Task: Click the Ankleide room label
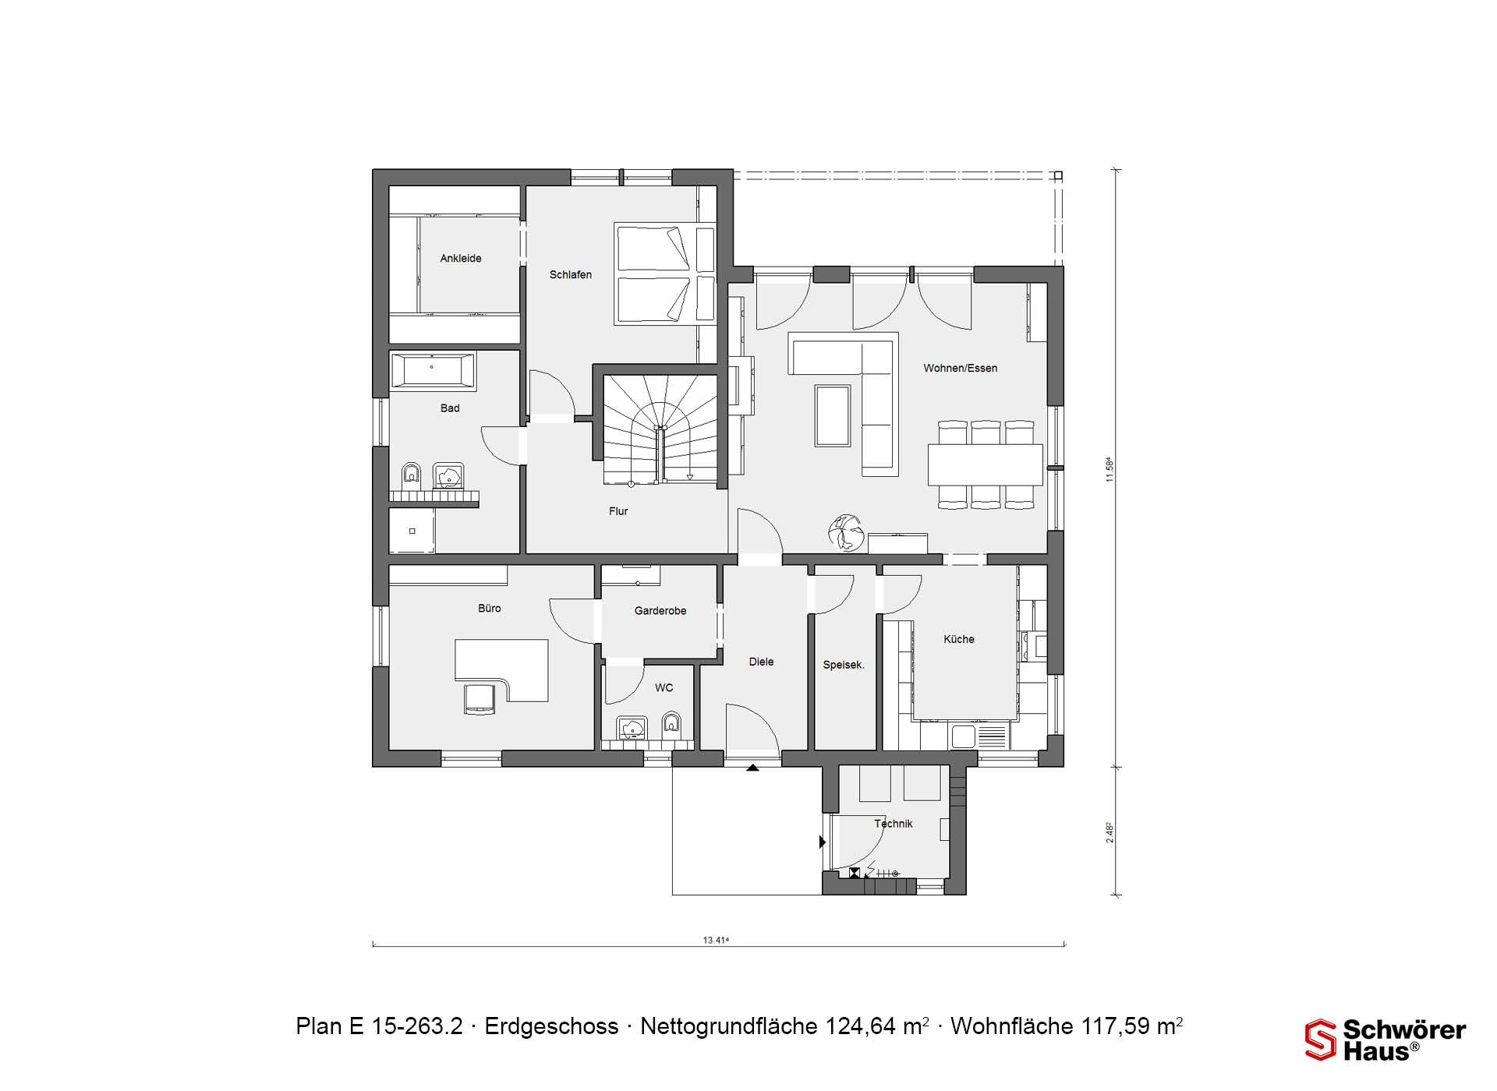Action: (461, 258)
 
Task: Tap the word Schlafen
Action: (571, 274)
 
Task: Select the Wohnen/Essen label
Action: (961, 368)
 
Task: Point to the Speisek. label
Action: (844, 665)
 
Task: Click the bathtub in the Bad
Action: (433, 371)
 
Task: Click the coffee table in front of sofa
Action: (833, 415)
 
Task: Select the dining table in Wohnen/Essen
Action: (986, 464)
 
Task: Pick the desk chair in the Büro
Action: (480, 698)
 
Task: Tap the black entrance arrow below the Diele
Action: (752, 768)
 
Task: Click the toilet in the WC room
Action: (671, 726)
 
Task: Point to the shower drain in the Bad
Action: (412, 531)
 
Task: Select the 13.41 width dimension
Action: (716, 940)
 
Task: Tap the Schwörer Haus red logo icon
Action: (1321, 1040)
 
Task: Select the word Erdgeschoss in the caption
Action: (552, 1026)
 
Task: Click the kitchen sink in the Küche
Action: (963, 736)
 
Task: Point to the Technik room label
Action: (894, 823)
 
